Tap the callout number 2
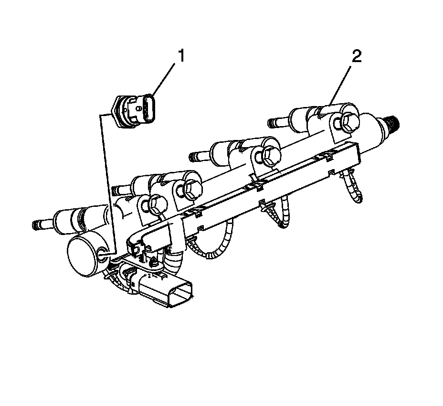357,57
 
